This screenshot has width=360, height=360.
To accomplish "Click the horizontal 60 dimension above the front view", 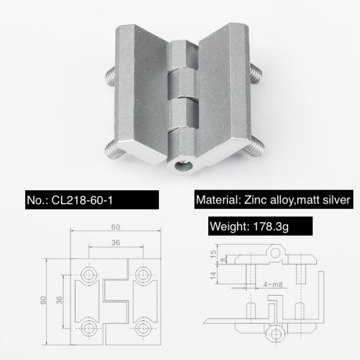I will pos(116,227).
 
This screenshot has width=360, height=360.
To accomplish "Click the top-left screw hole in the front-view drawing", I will pos(90,275).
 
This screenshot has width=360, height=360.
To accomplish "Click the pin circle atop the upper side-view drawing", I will pos(275,253).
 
